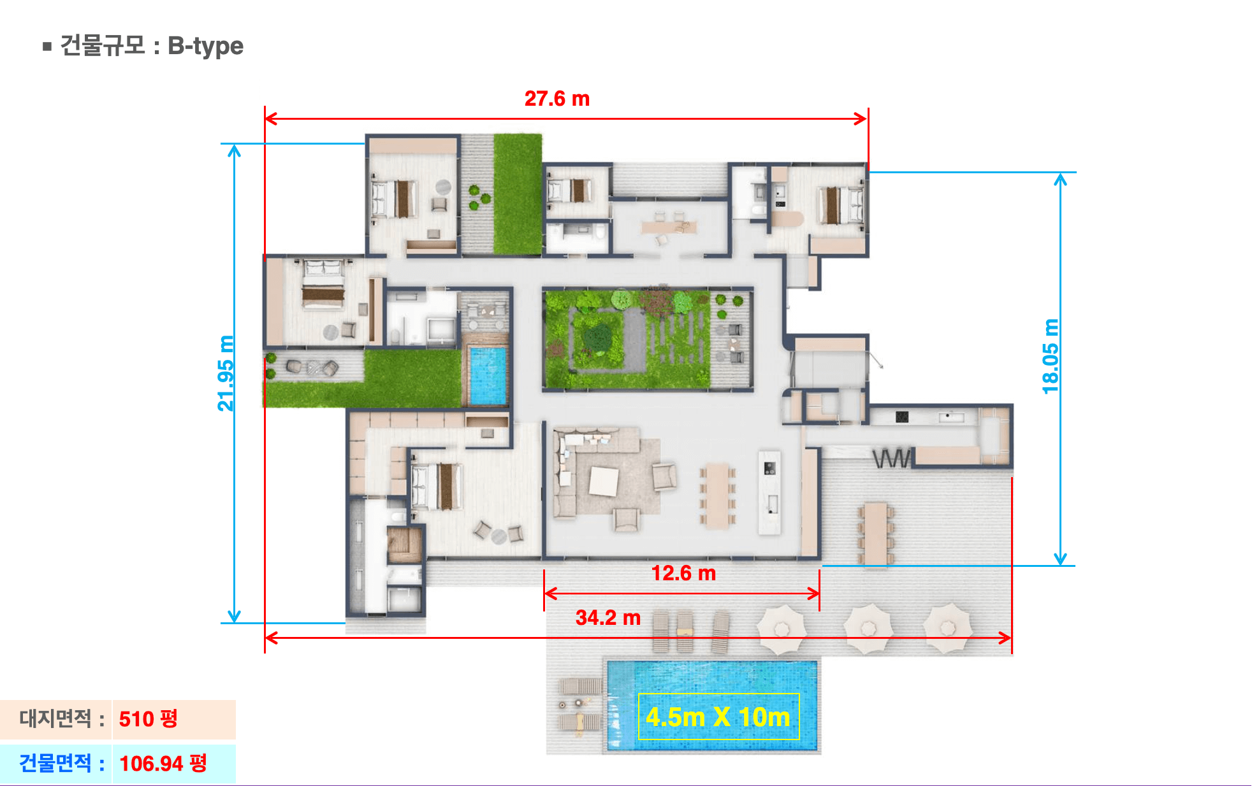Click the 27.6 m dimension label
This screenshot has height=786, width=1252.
[557, 99]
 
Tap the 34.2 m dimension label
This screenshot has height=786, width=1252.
[608, 617]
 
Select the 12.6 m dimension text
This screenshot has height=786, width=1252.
[683, 573]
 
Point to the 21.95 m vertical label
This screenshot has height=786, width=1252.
[226, 373]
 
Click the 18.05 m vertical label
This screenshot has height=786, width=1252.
[1051, 357]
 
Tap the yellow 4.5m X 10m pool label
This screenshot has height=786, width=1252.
[718, 717]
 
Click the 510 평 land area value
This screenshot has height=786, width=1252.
[148, 719]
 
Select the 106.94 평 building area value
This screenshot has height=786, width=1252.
[163, 763]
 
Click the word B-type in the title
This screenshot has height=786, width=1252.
[205, 46]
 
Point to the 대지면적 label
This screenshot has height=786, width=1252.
[55, 718]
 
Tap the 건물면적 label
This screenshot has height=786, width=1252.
[55, 763]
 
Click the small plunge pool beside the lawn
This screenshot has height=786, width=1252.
[488, 375]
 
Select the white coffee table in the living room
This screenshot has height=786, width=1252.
[604, 481]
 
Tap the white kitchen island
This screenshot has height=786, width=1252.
[769, 492]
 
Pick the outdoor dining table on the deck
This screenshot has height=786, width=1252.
[876, 534]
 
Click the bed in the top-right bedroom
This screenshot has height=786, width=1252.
[841, 204]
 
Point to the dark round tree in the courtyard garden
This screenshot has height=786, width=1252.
[597, 338]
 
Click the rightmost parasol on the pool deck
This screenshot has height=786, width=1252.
[948, 628]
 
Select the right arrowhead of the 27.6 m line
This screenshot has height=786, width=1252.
[861, 118]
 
